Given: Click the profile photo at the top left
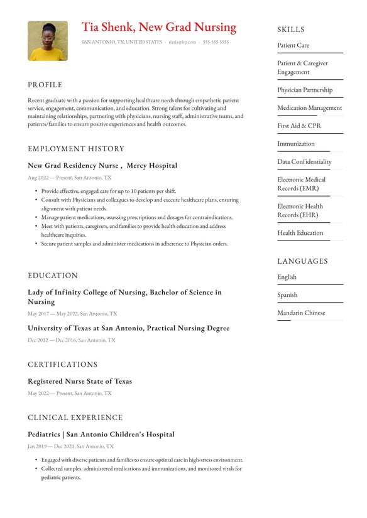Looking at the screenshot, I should coord(48,41).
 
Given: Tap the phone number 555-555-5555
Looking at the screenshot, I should coord(216,43).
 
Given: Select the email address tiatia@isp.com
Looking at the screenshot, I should coord(182,43).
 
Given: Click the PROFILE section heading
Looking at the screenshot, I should coord(45,85).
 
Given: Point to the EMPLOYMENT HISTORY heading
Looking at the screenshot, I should coord(76,149).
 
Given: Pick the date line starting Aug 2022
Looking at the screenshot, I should coord(69,178).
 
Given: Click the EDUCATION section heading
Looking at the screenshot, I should coord(53,276).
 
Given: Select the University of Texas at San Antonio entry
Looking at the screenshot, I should coord(128,328).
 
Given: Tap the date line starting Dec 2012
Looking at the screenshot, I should coord(71,340).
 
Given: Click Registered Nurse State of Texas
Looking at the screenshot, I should coord(80,381).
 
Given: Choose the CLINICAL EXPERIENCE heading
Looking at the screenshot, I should coord(75,418).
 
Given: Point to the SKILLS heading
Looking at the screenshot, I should coord(291,30).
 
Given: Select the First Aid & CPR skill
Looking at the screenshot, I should coord(299,126).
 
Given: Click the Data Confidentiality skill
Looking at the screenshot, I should coord(304,161).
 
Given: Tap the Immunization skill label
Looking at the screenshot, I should coord(296,144).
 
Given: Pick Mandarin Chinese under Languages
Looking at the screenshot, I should coord(301,313).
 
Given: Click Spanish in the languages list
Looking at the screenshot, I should coord(287,294).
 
